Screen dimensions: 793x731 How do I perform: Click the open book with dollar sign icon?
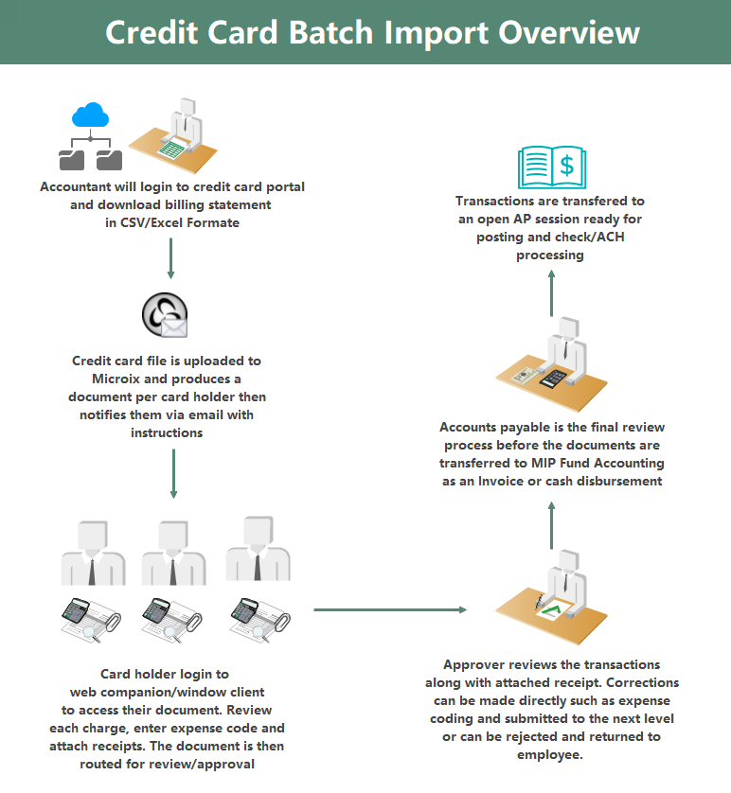(551, 167)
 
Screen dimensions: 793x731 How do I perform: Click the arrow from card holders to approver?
(390, 609)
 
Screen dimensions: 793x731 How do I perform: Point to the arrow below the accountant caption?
(170, 257)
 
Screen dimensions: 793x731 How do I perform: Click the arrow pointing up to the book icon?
(551, 291)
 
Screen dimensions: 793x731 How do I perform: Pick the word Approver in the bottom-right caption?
(474, 664)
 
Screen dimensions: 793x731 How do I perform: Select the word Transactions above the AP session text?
(498, 202)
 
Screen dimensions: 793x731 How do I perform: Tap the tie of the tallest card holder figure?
(257, 566)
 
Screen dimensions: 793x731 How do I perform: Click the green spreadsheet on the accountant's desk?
(171, 148)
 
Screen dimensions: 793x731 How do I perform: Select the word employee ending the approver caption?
(550, 754)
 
